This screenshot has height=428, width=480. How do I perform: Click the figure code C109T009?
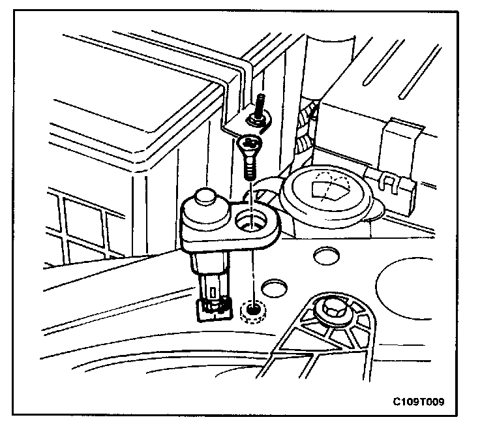[419, 401]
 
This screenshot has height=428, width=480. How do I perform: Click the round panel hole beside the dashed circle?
[273, 288]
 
